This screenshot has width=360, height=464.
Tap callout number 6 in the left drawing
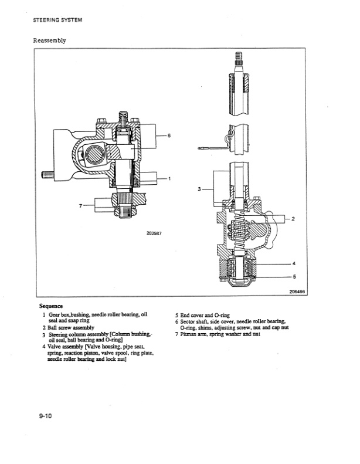point(169,136)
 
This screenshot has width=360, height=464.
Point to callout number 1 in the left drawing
point(169,178)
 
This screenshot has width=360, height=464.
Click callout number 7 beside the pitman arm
point(80,205)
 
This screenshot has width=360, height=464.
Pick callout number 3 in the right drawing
point(199,189)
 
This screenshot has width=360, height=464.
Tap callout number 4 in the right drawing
point(294,263)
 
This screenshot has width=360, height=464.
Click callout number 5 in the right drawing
point(294,276)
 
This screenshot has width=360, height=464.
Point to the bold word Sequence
point(51,306)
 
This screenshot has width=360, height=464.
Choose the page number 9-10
point(46,416)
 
